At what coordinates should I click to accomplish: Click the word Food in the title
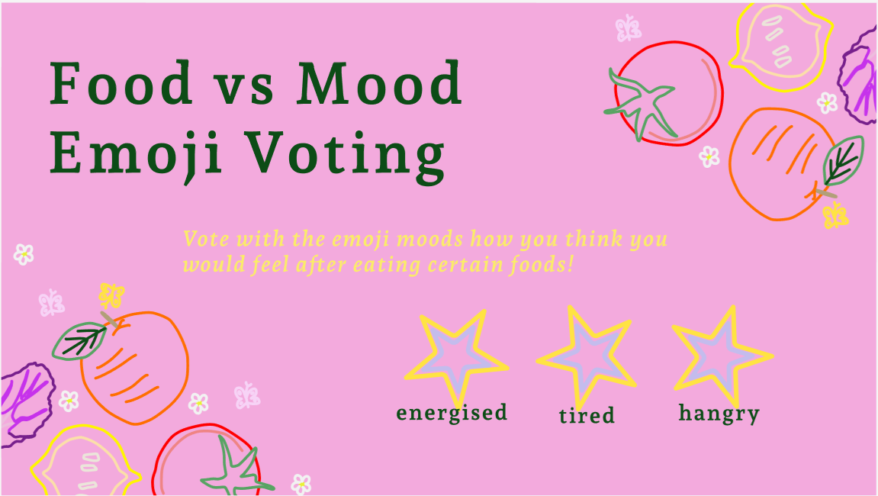point(121,83)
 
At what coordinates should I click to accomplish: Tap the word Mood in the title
point(379,83)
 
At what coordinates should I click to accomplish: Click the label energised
point(452,414)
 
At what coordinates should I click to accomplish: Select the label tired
point(587,415)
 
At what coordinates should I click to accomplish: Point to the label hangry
point(719,414)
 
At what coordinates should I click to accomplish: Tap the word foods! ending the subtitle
point(542,264)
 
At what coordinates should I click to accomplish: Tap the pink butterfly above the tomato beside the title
point(629,28)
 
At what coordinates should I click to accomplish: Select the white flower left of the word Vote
point(24,254)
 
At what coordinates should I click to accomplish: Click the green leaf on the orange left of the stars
point(79,340)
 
